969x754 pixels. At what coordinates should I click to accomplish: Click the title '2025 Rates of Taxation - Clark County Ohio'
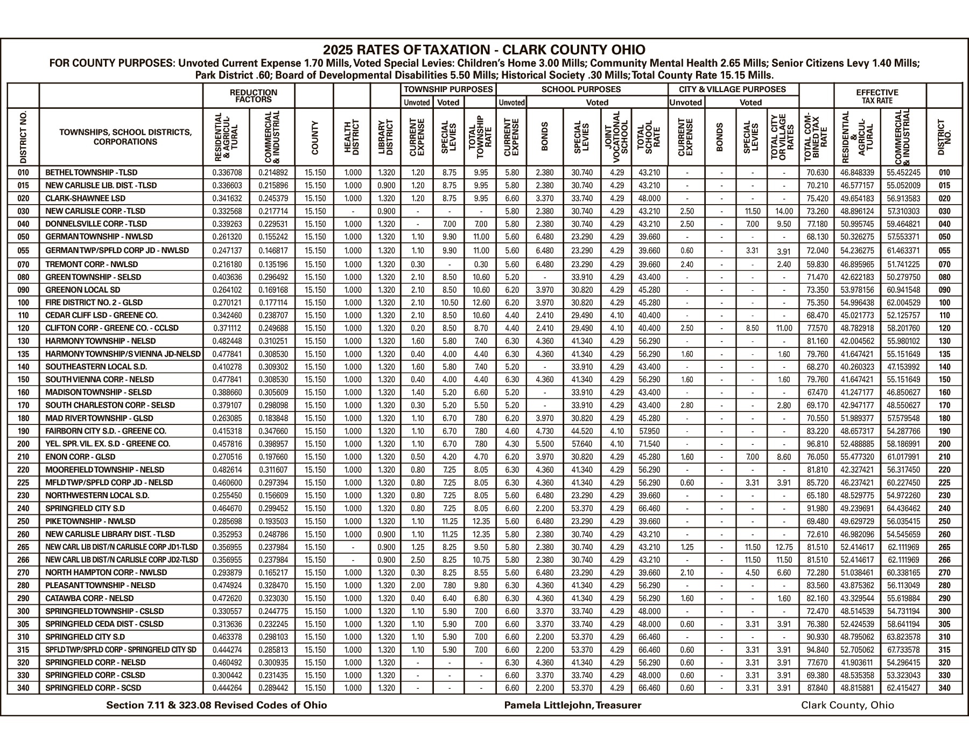(x=484, y=50)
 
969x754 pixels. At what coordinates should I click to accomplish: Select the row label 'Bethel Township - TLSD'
(x=92, y=173)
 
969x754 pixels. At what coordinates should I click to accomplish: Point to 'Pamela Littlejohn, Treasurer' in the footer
(x=572, y=705)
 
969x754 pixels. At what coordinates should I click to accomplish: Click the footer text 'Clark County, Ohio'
(x=847, y=705)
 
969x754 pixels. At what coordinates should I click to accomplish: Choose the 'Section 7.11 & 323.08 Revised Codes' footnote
(x=216, y=705)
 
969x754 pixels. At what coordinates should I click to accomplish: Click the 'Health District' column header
(x=352, y=137)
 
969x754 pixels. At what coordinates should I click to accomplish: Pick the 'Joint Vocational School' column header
(x=616, y=137)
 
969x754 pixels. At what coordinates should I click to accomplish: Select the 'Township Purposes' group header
(x=448, y=89)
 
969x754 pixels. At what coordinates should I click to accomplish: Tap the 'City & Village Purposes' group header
(x=732, y=89)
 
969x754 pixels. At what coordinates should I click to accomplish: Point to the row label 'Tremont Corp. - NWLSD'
(x=92, y=264)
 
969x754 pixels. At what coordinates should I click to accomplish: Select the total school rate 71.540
(x=649, y=444)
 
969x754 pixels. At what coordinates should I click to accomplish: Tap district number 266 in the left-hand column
(x=20, y=560)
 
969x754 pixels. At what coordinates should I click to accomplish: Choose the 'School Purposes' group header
(x=581, y=89)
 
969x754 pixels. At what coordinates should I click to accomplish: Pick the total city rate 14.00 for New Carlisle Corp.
(x=784, y=211)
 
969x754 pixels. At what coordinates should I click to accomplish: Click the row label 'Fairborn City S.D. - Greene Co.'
(x=106, y=431)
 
